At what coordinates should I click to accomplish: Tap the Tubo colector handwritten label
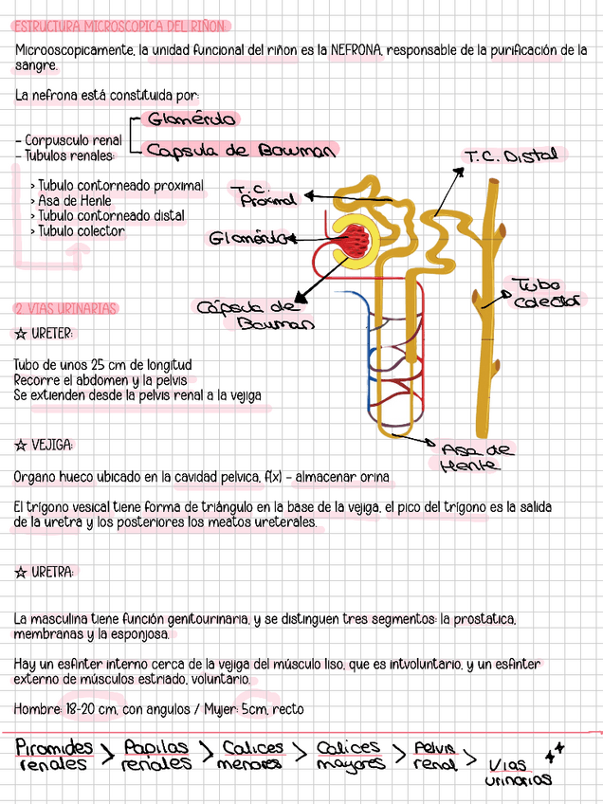click(x=548, y=292)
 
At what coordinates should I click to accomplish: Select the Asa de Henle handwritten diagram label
click(x=476, y=457)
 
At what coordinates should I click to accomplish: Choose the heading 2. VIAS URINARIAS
click(x=65, y=308)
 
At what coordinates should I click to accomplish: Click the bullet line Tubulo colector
click(x=80, y=231)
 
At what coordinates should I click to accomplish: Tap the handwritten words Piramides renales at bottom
click(x=54, y=756)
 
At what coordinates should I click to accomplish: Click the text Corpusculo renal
click(x=72, y=140)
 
